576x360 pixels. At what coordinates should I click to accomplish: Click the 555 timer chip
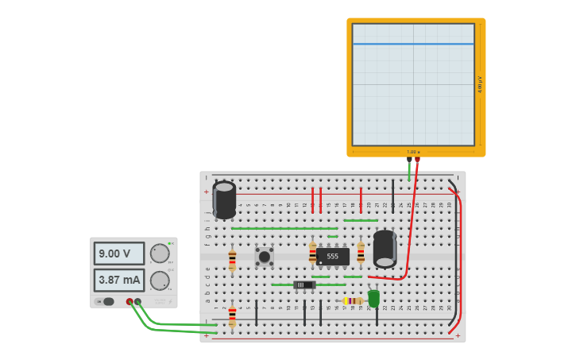point(332,256)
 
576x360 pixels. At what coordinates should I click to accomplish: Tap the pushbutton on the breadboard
point(264,256)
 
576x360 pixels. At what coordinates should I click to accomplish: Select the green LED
point(373,298)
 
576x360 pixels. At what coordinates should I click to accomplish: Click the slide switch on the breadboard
point(304,285)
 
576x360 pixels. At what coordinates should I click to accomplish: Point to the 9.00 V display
point(119,254)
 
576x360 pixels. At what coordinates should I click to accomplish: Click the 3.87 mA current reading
point(119,280)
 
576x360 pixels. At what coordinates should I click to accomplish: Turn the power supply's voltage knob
point(160,254)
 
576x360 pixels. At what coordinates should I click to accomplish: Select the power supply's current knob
point(160,281)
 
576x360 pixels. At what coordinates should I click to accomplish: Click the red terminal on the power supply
point(130,302)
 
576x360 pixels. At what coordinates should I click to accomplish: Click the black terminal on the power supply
point(138,302)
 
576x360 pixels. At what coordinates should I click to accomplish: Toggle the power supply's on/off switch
point(106,302)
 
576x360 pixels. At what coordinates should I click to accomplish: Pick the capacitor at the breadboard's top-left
point(224,199)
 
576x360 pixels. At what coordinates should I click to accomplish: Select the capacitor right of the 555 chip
point(385,249)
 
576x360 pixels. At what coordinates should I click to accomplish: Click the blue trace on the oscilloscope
point(413,44)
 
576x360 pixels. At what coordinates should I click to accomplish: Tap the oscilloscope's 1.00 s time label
point(413,152)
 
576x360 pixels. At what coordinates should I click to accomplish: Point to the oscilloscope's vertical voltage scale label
point(480,84)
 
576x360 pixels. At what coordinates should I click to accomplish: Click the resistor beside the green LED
point(354,300)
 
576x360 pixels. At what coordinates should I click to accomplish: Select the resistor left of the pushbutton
point(232,259)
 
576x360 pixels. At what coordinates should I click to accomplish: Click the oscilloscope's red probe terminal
point(417,159)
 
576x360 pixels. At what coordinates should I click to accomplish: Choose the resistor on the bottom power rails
point(232,315)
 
